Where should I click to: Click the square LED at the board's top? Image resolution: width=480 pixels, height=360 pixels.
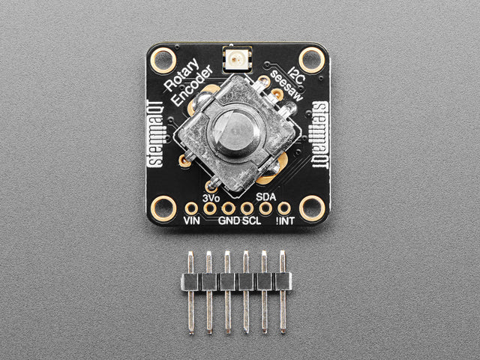238,59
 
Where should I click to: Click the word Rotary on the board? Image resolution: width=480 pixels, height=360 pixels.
181,75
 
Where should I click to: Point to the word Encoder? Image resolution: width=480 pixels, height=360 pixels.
192,85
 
